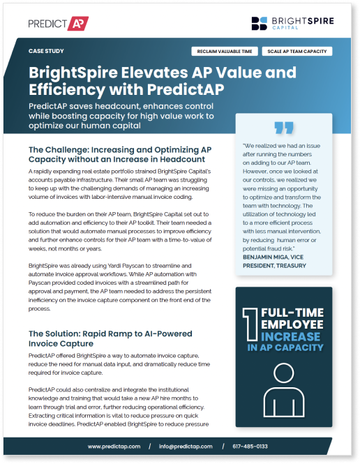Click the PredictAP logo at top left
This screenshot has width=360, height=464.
point(58,23)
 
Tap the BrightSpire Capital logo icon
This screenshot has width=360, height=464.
point(260,24)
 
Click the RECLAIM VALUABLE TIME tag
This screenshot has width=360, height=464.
point(225,52)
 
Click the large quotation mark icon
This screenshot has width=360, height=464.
point(283,128)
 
